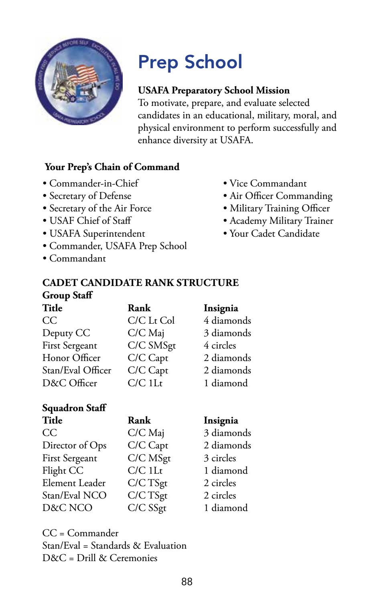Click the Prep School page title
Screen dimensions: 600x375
click(x=190, y=62)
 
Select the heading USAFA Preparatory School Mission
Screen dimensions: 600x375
click(x=213, y=90)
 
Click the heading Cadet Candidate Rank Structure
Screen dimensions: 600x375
click(x=140, y=283)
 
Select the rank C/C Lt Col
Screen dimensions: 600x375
click(x=151, y=320)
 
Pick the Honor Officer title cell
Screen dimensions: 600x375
click(x=71, y=358)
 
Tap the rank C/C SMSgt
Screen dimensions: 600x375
click(x=152, y=345)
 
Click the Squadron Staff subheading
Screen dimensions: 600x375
click(x=74, y=408)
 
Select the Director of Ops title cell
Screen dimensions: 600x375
click(x=75, y=445)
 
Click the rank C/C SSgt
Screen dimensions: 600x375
click(x=147, y=508)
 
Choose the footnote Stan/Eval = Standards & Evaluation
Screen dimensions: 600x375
click(x=114, y=545)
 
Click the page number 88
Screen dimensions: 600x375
click(x=187, y=582)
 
